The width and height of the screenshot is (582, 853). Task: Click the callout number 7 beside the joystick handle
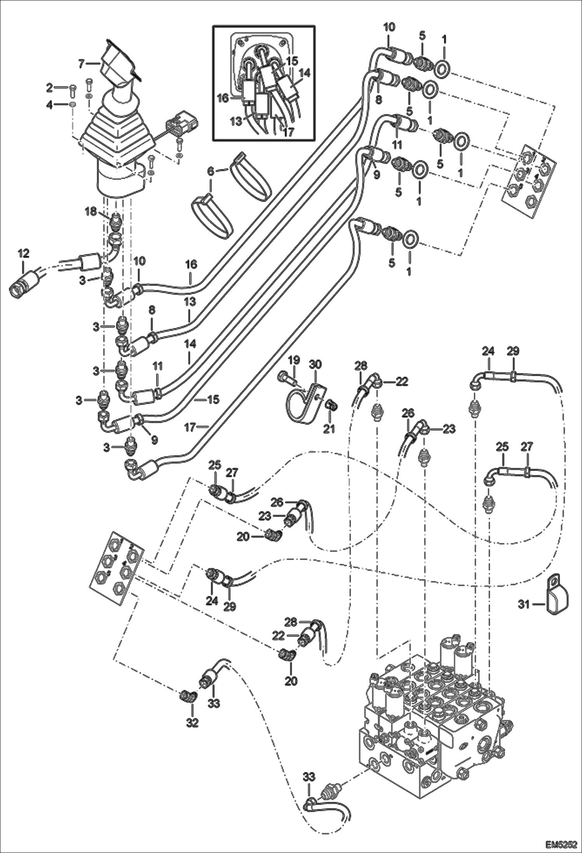(x=81, y=63)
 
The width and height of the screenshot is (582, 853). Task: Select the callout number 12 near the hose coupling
(x=23, y=254)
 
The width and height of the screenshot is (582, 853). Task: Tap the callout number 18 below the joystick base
(x=90, y=212)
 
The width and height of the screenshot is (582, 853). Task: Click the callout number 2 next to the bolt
(x=49, y=88)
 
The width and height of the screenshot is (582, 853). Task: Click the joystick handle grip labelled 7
(x=118, y=66)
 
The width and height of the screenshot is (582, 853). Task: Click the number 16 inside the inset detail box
(x=222, y=98)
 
